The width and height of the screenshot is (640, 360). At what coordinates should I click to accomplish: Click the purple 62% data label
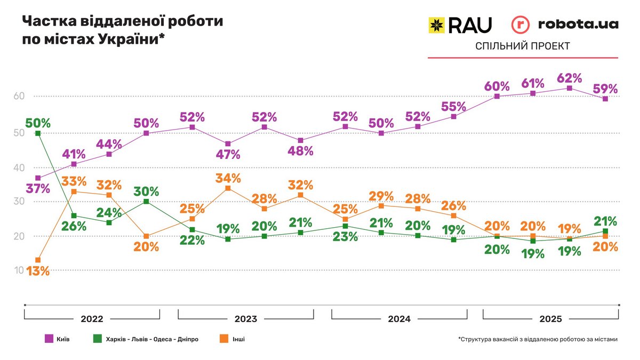[x=569, y=78]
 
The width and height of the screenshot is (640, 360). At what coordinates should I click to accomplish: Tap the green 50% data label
[x=38, y=122]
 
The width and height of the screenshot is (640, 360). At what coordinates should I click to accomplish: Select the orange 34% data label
[x=228, y=177]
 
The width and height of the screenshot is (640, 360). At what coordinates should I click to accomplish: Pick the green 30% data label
[x=147, y=190]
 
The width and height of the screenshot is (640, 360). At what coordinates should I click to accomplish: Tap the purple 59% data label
[x=605, y=89]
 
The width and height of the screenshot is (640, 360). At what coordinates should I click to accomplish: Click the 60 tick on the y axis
[x=19, y=97]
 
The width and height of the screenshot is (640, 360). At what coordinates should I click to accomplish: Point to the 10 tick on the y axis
[x=19, y=270]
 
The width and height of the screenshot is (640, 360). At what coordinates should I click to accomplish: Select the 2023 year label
[x=245, y=319]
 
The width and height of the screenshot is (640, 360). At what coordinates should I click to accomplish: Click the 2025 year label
[x=550, y=319]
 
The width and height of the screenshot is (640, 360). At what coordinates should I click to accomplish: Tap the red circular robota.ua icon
[x=520, y=25]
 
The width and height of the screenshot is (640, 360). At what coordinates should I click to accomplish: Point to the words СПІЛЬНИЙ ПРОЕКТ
[x=523, y=46]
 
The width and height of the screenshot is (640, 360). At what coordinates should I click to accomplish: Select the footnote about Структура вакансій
[x=538, y=339]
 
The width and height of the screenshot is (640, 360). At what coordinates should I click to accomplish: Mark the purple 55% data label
[x=454, y=106]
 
